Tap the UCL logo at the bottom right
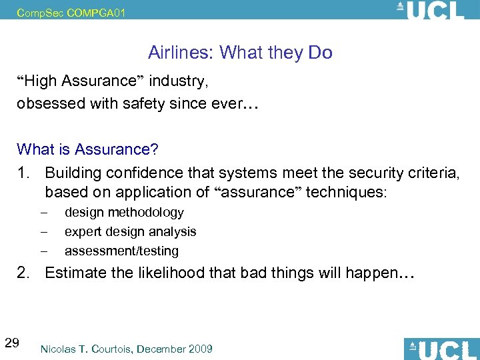[x=440, y=348]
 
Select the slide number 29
[x=11, y=343]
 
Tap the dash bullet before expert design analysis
[x=43, y=232]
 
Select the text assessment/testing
[x=121, y=251]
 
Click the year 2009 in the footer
[x=199, y=348]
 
